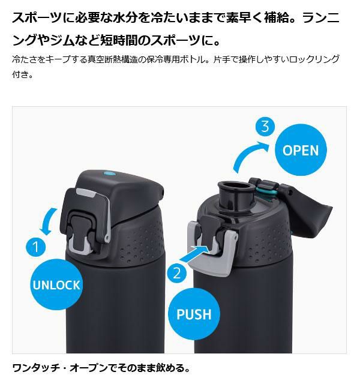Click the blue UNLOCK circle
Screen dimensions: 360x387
[x=56, y=284]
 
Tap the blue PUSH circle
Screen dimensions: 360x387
[x=194, y=314]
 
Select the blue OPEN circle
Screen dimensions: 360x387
[x=301, y=150]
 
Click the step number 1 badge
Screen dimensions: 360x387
[x=36, y=247]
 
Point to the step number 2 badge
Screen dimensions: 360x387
[x=177, y=274]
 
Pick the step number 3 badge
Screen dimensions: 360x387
[x=265, y=127]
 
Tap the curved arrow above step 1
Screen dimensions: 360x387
[x=48, y=221]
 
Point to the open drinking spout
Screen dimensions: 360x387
[x=236, y=196]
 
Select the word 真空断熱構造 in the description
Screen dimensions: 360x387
[x=113, y=59]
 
